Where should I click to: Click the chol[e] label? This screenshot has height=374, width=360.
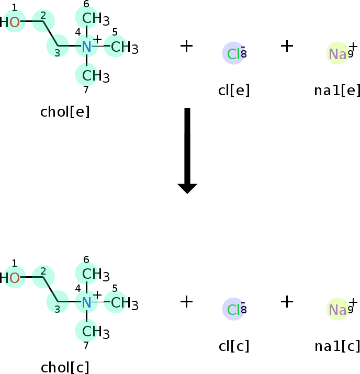(65, 112)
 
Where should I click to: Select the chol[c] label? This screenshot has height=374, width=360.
(65, 367)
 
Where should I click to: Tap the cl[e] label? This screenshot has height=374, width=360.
(234, 90)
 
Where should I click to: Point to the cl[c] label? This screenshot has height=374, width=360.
(234, 346)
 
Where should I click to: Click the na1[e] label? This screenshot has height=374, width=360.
(337, 90)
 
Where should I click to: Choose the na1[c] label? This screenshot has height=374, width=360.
(337, 346)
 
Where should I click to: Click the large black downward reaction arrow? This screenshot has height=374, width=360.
(187, 150)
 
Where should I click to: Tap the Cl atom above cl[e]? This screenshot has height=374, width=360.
(233, 53)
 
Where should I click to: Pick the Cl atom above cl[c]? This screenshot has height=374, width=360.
(233, 309)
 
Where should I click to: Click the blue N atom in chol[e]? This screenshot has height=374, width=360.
(86, 47)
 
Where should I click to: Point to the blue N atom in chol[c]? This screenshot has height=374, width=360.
(86, 302)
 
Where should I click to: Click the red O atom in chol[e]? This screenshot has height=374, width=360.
(15, 22)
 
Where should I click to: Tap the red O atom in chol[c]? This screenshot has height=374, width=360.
(15, 278)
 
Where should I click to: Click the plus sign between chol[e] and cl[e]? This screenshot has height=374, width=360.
(186, 46)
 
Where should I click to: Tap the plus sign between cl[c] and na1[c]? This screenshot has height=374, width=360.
(287, 301)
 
